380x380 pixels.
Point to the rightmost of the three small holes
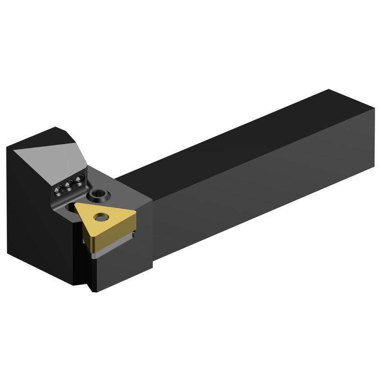(79, 180)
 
